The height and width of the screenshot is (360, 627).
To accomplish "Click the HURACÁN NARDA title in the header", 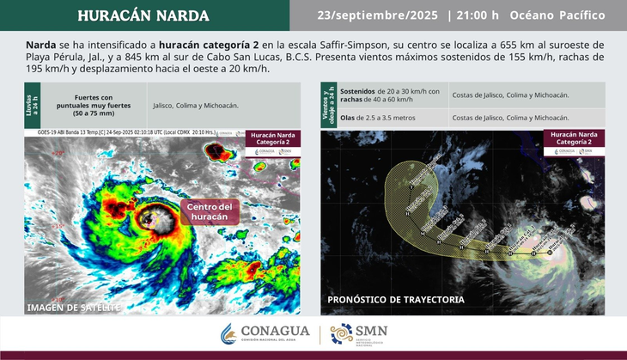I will pos(143,15).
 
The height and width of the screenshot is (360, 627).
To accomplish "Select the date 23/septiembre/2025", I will pos(377,15).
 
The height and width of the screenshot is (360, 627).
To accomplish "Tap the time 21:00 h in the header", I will pos(476,15).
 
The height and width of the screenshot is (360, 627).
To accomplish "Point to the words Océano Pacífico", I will pos(557,15).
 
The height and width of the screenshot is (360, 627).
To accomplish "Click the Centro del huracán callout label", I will pos(210,211).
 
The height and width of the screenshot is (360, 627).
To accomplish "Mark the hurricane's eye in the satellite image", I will pos(152,217).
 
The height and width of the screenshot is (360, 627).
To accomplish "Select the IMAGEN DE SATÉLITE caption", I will pos(70,307).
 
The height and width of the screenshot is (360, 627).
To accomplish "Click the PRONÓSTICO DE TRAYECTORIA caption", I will pos(396,300).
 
